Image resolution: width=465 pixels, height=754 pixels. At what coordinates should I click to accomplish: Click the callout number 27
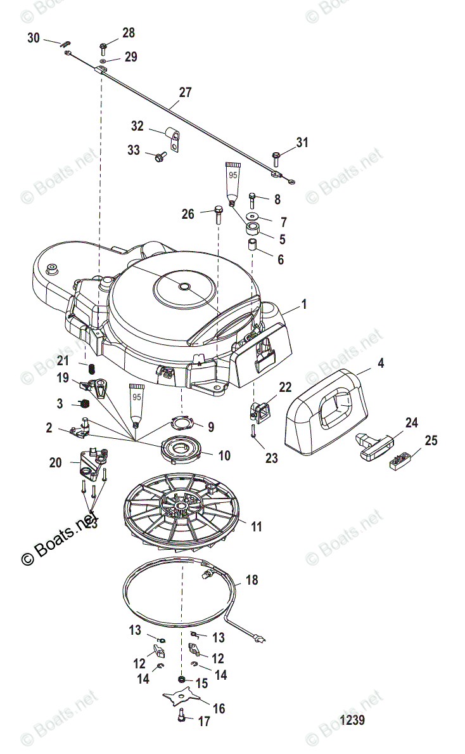pyautogui.click(x=184, y=92)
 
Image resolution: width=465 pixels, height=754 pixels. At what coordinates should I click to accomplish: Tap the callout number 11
pyautogui.click(x=256, y=526)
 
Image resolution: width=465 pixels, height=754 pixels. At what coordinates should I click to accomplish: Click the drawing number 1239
pyautogui.click(x=352, y=721)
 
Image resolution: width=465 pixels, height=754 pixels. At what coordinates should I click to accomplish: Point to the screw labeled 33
pyautogui.click(x=160, y=155)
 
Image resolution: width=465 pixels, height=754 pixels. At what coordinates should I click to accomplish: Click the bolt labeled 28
pyautogui.click(x=103, y=48)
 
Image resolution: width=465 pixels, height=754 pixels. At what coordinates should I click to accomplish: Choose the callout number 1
pyautogui.click(x=304, y=304)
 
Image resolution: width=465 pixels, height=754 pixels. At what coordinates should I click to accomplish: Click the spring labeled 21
pyautogui.click(x=90, y=367)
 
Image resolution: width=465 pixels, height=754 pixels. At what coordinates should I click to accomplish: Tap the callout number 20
pyautogui.click(x=56, y=463)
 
